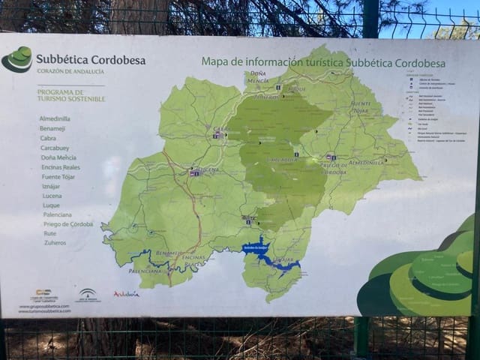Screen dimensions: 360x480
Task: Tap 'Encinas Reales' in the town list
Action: point(61,166)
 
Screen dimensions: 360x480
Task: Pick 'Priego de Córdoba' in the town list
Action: point(67,224)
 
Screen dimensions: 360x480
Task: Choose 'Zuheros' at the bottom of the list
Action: point(55,243)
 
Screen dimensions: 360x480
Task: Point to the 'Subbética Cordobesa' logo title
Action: point(91,60)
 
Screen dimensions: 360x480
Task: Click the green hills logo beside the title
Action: point(17,59)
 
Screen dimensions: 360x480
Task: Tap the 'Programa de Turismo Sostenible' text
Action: point(71,94)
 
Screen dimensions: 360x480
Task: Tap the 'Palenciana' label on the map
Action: point(145,270)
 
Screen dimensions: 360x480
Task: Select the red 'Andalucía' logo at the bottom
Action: point(126,294)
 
